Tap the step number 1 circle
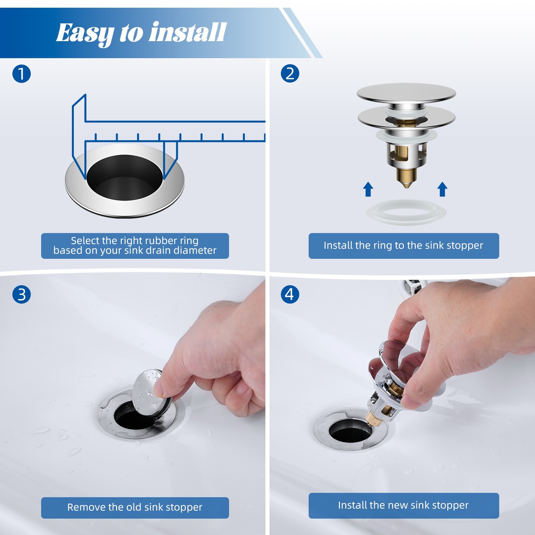(21, 74)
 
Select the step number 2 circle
(290, 74)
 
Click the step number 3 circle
(21, 295)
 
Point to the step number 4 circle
(290, 295)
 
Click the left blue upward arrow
(368, 189)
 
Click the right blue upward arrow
(442, 189)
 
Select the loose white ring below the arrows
(406, 212)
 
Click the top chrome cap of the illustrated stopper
(406, 92)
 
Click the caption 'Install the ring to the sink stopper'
(403, 245)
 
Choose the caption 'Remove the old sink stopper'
(135, 507)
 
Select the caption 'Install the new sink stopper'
(403, 505)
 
